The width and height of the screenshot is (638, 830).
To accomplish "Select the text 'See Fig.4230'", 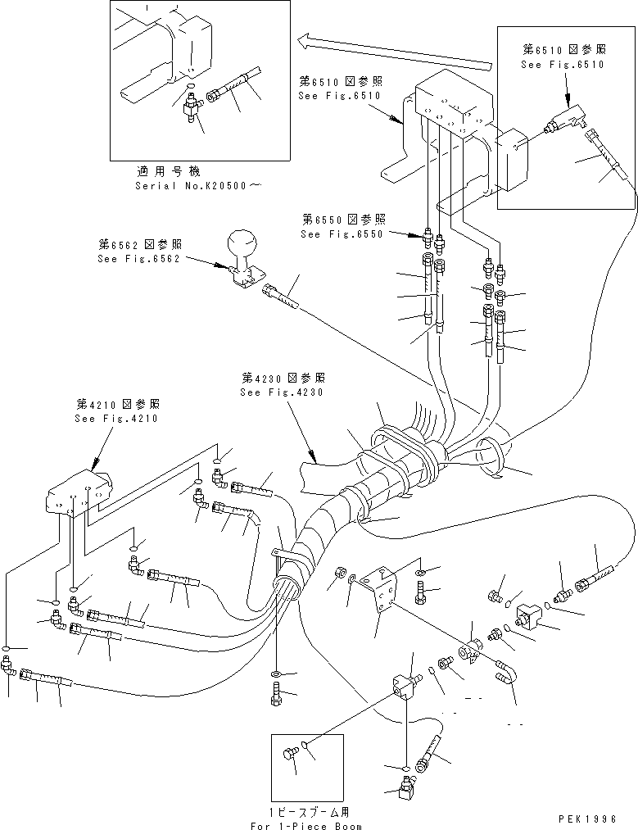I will click(282, 392).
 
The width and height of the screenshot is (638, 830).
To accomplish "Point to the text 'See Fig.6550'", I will click(342, 234).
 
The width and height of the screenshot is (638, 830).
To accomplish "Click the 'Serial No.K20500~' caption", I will click(200, 186).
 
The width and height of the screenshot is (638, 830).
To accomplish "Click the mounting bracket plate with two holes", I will click(383, 592).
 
